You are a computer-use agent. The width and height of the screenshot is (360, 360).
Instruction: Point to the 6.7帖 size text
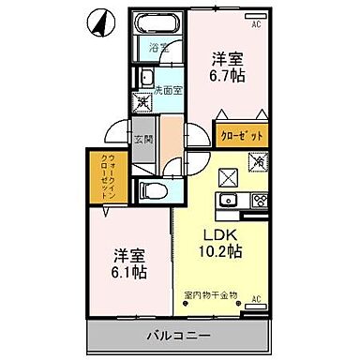(x=228, y=74)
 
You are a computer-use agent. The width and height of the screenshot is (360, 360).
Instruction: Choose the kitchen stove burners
(x=259, y=199)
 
